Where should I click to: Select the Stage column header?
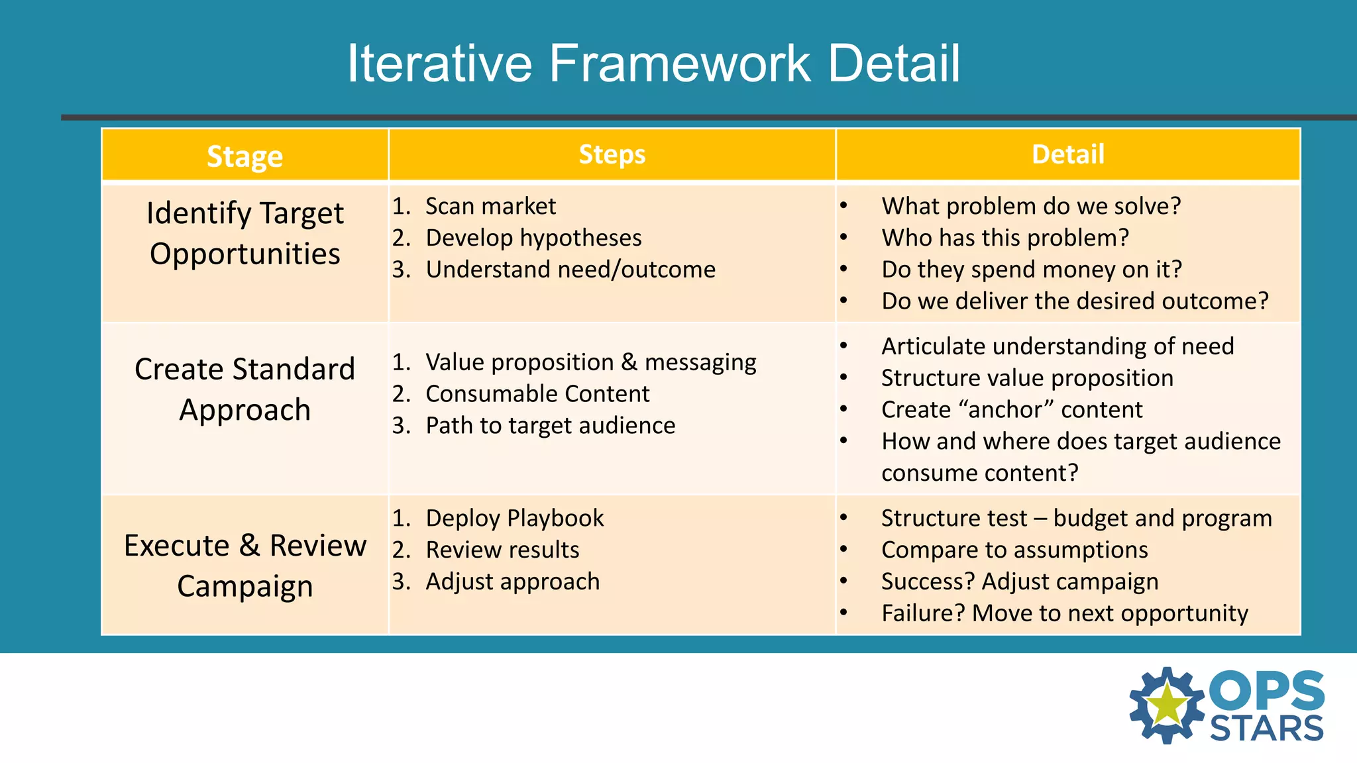point(244,156)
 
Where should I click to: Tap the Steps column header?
point(612,154)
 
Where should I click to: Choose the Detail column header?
point(1067,154)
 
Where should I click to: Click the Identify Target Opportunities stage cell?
point(244,233)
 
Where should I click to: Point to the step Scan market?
point(490,206)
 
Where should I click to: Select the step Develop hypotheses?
point(533,238)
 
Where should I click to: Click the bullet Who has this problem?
point(1004,238)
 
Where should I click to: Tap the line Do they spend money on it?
point(1031,270)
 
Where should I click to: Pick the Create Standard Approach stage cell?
point(244,389)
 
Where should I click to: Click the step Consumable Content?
point(537,394)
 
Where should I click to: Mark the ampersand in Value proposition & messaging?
point(629,362)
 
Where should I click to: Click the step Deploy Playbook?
point(514,518)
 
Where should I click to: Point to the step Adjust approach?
point(512,582)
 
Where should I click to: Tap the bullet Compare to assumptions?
point(1014,550)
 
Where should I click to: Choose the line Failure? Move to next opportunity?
point(1064,613)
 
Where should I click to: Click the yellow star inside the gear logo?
point(1167,705)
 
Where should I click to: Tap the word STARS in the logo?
point(1266,729)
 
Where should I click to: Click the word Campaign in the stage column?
point(244,587)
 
